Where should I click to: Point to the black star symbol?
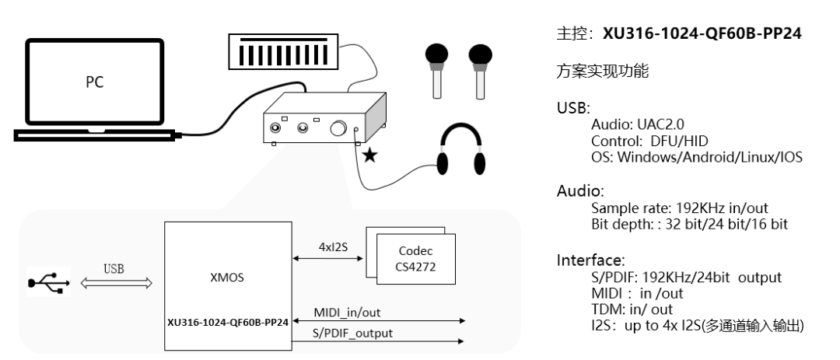point(371,157)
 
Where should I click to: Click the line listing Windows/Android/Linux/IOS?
point(697,156)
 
